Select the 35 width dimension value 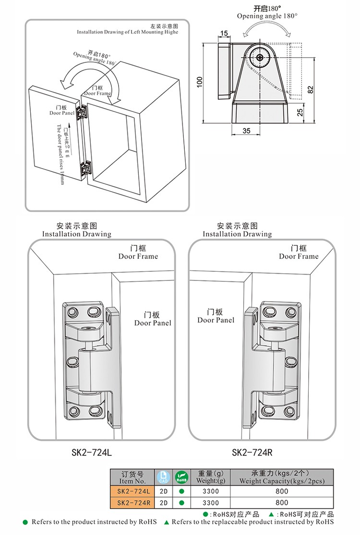point(246,131)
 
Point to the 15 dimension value point(224,33)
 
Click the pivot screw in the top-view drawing point(260,58)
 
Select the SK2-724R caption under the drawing point(252,452)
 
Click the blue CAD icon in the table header point(163,477)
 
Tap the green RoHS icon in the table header point(182,477)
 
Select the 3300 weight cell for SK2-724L point(211,491)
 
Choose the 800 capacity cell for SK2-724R point(282,502)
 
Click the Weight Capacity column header point(282,477)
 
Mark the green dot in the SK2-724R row point(182,503)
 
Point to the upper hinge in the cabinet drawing point(83,112)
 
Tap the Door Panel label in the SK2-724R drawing point(216,316)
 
